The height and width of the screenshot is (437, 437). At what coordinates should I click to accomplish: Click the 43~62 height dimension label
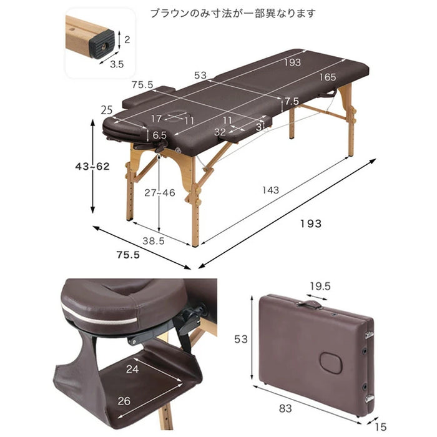92,167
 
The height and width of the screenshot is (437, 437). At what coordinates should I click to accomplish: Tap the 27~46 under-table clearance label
160,192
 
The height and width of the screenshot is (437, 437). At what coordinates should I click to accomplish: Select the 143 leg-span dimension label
270,190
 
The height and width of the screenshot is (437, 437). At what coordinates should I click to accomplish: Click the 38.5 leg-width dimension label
154,241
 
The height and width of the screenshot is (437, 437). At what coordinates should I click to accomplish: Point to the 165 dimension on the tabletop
328,77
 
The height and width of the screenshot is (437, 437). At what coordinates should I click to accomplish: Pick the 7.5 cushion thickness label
292,101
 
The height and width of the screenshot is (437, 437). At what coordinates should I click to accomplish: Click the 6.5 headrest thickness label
159,135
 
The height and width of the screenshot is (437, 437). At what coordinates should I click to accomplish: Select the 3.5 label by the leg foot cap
117,64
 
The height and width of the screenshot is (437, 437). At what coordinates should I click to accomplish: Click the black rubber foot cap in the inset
102,44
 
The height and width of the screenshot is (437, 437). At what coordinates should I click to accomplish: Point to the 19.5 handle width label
320,286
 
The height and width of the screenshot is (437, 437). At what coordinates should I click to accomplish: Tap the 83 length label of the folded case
285,408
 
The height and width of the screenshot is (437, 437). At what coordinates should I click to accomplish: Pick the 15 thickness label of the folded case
380,426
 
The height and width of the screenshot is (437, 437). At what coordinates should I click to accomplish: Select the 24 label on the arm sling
132,369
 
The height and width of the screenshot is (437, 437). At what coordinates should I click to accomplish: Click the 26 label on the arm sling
124,401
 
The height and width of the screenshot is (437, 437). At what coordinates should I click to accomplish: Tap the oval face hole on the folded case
331,363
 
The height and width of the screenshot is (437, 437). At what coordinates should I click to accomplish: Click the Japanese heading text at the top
233,13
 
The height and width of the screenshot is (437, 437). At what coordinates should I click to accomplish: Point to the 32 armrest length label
220,132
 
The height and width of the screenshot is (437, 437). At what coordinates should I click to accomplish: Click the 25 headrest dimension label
107,110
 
